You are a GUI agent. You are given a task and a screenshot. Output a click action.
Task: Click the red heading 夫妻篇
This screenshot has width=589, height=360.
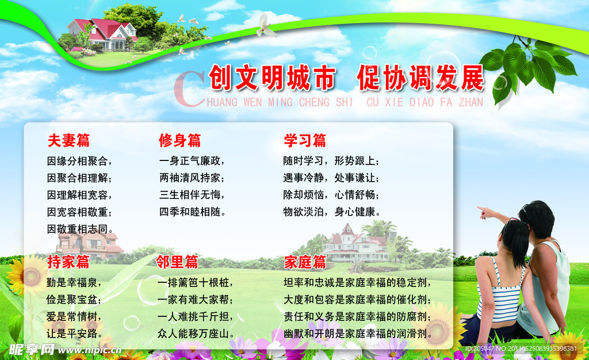click(x=68, y=140)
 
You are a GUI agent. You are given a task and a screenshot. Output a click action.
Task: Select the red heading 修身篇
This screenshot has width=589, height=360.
click(x=179, y=140)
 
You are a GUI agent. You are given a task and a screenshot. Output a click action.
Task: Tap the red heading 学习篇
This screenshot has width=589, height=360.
click(x=305, y=140)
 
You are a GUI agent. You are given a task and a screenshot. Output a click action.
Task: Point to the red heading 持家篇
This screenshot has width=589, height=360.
click(x=68, y=262)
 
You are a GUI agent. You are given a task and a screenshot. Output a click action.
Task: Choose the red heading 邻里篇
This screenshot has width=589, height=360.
click(x=177, y=262)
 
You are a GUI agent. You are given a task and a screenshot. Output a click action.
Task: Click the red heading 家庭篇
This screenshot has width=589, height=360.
click(x=305, y=262)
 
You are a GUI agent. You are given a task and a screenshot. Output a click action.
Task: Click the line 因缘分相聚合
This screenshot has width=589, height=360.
click(x=79, y=160)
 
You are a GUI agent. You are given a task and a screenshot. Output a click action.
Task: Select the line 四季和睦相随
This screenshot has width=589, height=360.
click(x=192, y=212)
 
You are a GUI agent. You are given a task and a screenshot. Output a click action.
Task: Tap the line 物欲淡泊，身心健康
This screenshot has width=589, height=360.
click(x=332, y=212)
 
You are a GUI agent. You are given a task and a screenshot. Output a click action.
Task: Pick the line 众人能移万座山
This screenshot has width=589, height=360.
click(x=196, y=334)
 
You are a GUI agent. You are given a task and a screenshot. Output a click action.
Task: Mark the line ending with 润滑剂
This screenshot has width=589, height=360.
click(x=358, y=334)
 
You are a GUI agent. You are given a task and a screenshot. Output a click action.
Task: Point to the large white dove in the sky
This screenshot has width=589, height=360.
click(x=266, y=26)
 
